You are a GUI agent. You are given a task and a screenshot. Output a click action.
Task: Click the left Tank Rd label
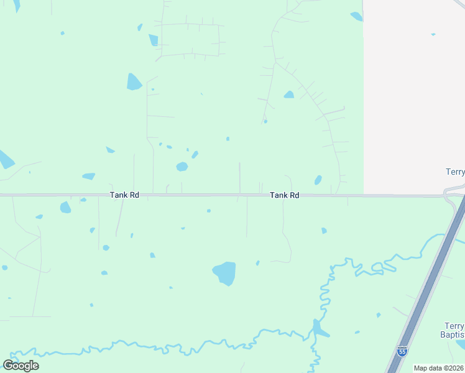124,195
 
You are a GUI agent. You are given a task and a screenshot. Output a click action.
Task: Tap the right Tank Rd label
284,195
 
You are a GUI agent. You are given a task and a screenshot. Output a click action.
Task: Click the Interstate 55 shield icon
402,351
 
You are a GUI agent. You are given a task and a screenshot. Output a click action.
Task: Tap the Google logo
21,365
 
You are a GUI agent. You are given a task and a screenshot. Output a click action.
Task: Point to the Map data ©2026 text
438,368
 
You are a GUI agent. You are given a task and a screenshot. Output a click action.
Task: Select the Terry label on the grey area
456,172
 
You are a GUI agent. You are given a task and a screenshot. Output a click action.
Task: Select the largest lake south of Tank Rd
224,273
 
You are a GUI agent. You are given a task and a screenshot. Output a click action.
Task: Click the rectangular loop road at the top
190,40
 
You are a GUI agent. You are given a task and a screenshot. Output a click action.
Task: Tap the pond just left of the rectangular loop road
153,40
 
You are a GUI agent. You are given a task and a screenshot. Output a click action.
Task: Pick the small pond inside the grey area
433,34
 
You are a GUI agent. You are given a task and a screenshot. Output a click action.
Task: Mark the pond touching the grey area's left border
356,17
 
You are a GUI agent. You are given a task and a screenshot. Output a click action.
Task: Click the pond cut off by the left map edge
5,160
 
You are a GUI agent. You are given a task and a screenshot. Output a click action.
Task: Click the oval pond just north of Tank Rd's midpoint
182,167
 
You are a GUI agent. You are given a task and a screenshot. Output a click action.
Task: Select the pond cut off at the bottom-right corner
461,344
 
